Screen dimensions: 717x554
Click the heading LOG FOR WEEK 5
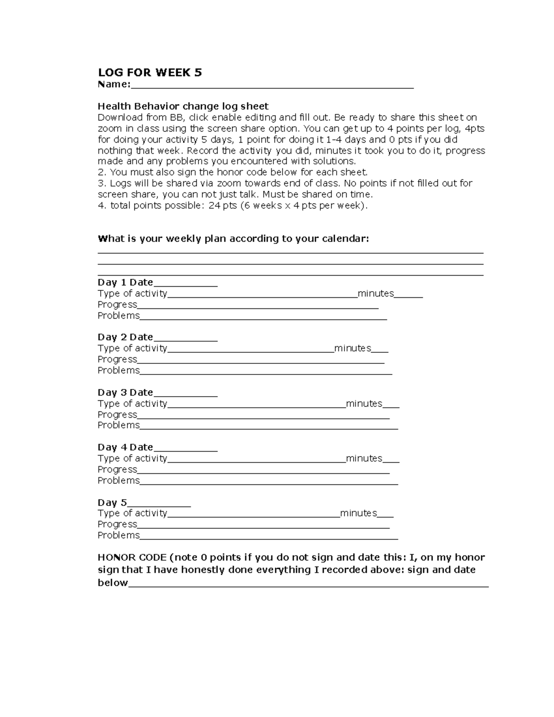(150, 72)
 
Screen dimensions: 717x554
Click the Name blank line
(272, 85)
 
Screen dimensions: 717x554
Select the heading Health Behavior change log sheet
(183, 106)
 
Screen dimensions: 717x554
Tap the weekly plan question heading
(233, 239)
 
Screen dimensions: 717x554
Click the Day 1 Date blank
(185, 284)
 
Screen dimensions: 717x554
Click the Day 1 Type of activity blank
(262, 295)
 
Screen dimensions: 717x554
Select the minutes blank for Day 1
(409, 295)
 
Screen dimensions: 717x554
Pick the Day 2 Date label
(125, 337)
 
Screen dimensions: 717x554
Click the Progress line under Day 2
(261, 361)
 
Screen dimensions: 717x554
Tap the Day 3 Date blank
(185, 394)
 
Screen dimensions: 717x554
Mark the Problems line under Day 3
(269, 427)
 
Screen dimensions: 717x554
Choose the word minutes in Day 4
(364, 458)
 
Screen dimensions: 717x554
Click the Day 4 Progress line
(263, 471)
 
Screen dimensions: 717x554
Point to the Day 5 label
(112, 502)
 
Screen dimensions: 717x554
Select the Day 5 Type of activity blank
(253, 515)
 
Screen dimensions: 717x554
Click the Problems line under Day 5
(269, 537)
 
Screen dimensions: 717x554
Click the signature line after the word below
(308, 584)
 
